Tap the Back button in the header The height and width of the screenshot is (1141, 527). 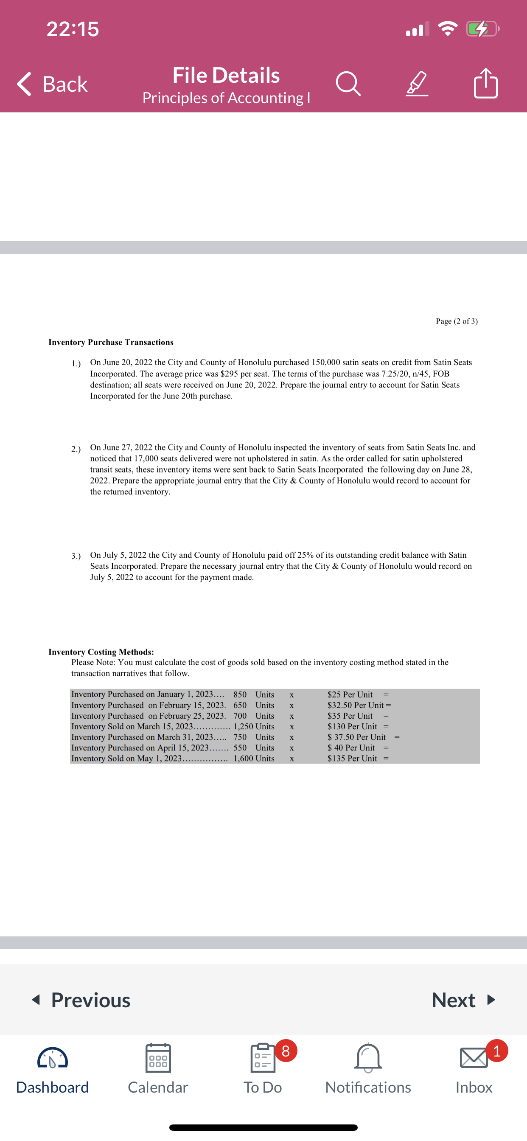click(x=52, y=84)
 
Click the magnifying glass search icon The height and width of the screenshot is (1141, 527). click(x=348, y=84)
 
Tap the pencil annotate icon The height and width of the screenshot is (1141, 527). click(x=417, y=84)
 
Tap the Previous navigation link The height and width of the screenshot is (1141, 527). click(x=81, y=1000)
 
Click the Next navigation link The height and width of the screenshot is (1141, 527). click(x=463, y=1000)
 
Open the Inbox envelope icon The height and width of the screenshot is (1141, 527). click(x=474, y=1059)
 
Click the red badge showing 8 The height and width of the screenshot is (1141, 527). click(x=286, y=1051)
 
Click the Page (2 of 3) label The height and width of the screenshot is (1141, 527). click(x=457, y=321)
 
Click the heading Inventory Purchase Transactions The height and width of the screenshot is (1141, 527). click(x=111, y=343)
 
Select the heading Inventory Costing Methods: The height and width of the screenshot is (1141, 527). click(x=101, y=652)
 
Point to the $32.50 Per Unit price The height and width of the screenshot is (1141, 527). click(x=355, y=705)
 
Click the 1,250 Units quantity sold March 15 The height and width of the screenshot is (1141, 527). click(x=254, y=726)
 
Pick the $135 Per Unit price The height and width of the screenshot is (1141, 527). click(x=352, y=758)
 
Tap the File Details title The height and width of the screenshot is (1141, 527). click(x=226, y=75)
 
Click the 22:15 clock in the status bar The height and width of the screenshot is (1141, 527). click(x=73, y=29)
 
